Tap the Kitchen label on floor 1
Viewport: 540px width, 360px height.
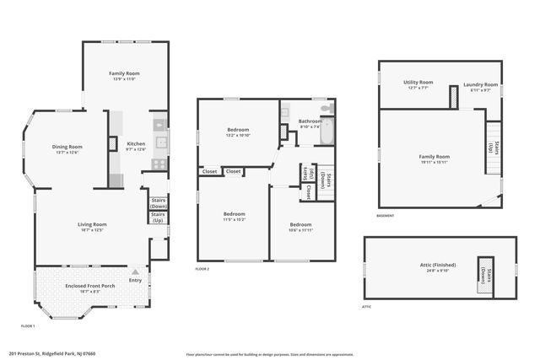point(136,144)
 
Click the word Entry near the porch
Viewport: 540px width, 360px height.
point(135,280)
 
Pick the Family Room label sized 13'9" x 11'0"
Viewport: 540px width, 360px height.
point(124,74)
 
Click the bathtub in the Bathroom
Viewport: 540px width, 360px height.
point(327,131)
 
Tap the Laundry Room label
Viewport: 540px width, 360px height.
point(480,85)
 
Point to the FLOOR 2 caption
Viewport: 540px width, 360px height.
point(202,269)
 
